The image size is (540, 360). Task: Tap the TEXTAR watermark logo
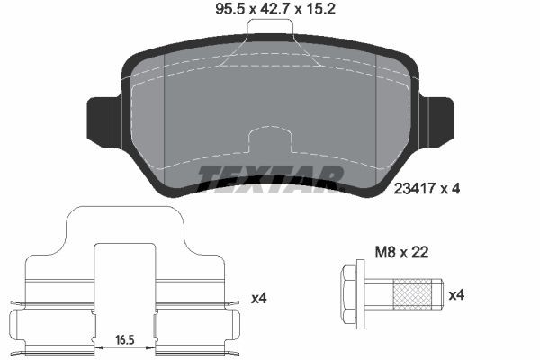[x=270, y=177]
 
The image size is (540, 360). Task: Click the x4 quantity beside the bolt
[x=455, y=294]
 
